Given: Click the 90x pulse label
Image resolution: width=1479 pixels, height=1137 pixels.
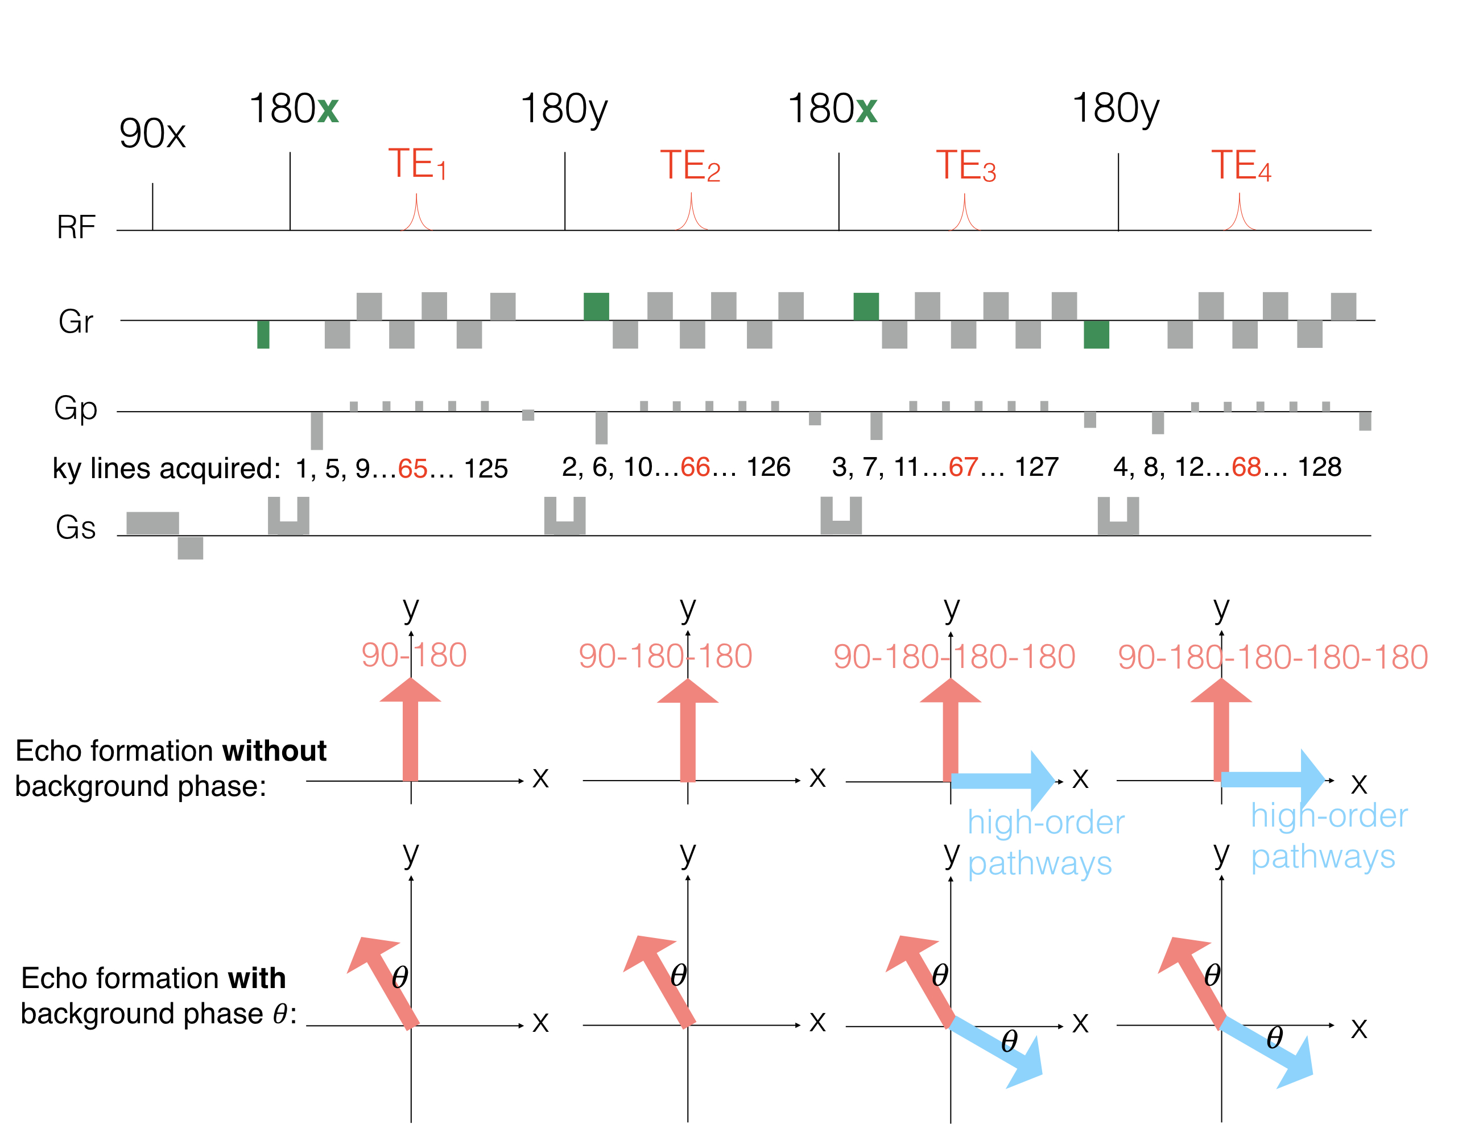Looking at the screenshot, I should click(152, 134).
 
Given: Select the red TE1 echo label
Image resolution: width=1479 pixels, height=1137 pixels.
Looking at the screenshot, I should click(417, 164).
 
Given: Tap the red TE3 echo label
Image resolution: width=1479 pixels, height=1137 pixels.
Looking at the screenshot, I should click(966, 166).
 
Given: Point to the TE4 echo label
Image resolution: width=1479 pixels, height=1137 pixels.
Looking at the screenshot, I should click(1241, 166).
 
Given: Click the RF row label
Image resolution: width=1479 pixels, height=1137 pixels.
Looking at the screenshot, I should click(76, 227).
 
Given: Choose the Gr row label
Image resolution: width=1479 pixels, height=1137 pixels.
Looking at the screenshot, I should click(76, 321).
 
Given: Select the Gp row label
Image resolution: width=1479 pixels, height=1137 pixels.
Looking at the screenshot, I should click(76, 409).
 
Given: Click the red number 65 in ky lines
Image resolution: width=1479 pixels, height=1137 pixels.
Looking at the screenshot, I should click(412, 468).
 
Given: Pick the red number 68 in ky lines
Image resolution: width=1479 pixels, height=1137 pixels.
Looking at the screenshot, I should click(1246, 467).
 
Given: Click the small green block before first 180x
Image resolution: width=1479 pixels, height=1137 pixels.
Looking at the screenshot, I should click(263, 334).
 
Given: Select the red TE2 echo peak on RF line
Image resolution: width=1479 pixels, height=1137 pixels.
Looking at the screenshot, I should click(691, 213).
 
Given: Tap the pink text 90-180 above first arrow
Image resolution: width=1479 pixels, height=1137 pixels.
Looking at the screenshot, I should click(414, 655).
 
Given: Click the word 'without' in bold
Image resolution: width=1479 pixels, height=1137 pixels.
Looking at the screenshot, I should click(274, 751).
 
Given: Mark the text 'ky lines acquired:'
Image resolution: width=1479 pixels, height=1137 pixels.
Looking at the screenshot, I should click(167, 468).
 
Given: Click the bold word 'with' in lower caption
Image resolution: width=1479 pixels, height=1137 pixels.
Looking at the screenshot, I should click(257, 978).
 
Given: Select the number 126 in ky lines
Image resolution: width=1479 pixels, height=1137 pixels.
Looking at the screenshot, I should click(769, 467).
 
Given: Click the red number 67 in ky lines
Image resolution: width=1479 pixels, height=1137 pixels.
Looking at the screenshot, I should click(963, 467).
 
